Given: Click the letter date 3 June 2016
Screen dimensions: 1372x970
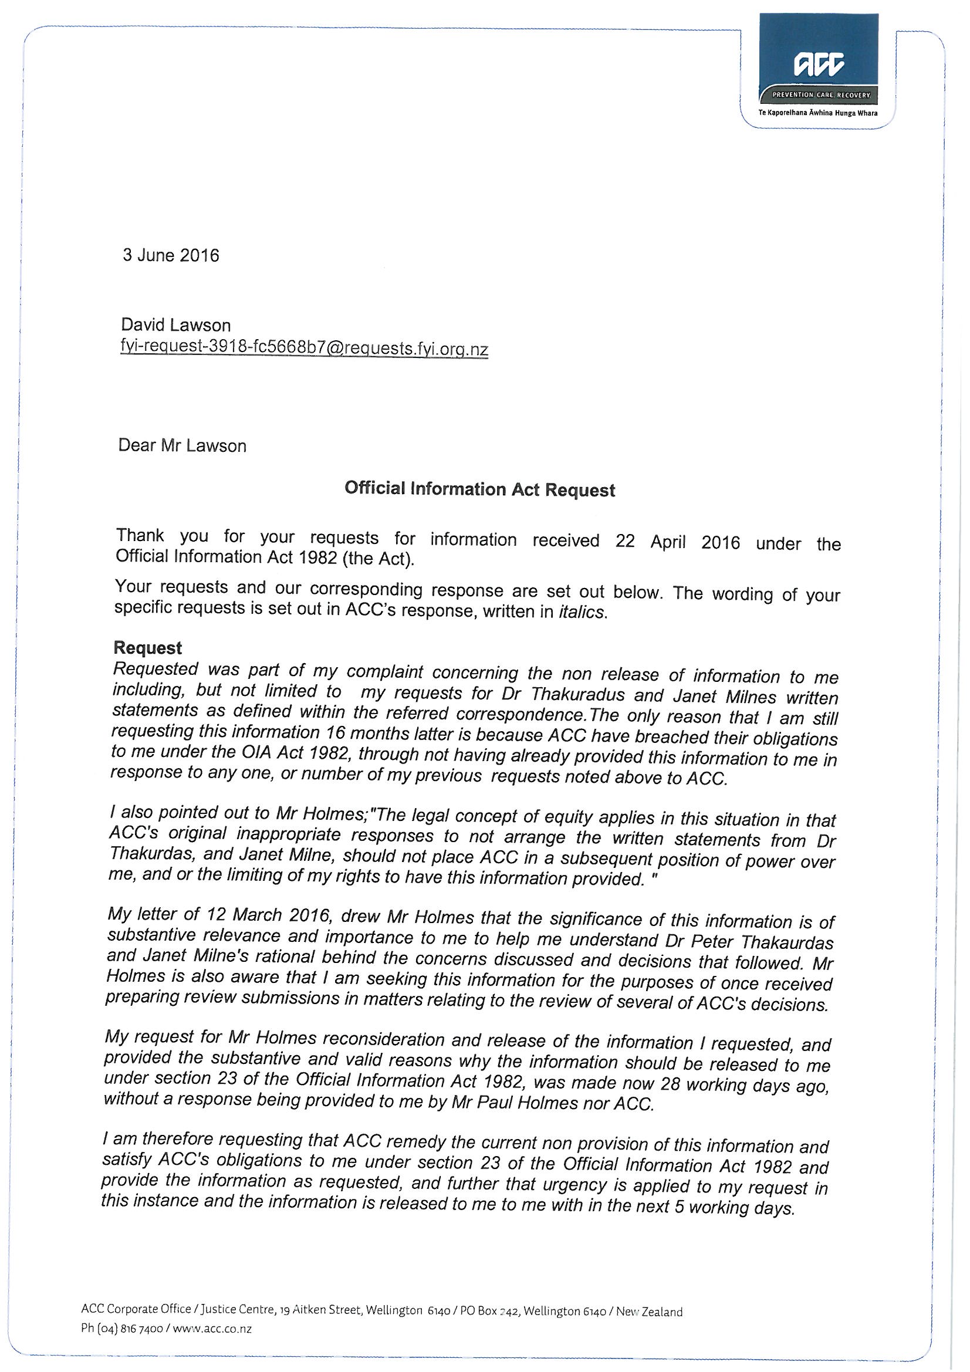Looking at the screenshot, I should (171, 256).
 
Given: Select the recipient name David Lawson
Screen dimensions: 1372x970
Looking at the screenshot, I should (175, 325).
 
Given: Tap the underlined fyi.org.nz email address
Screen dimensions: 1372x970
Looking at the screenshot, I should (304, 348).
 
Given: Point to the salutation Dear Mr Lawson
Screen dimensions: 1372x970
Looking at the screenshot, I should (182, 446).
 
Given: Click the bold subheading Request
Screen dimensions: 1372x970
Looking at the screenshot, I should (148, 648).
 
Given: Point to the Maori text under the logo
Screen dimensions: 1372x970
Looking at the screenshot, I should (817, 113).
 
